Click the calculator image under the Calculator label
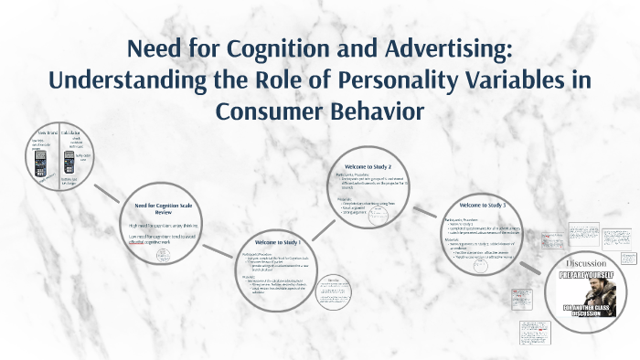(x=69, y=164)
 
